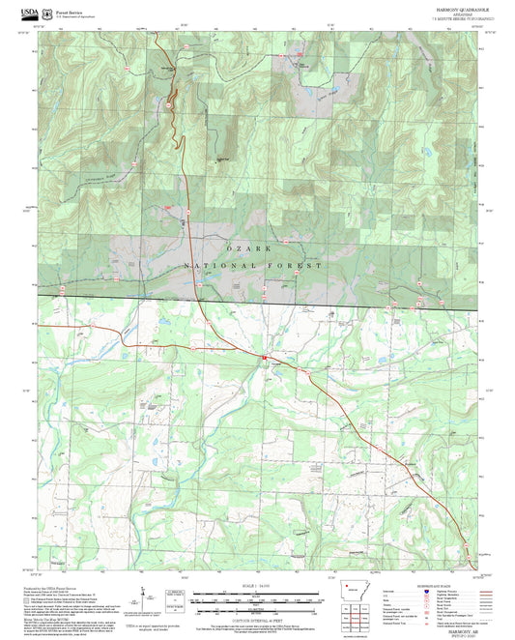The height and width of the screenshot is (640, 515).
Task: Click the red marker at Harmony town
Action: tap(263, 359)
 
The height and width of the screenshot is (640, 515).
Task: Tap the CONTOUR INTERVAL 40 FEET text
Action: tap(256, 619)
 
